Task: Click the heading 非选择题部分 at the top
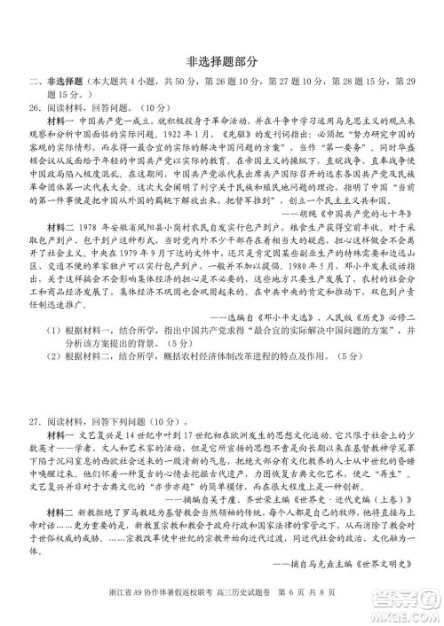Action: (x=222, y=61)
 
